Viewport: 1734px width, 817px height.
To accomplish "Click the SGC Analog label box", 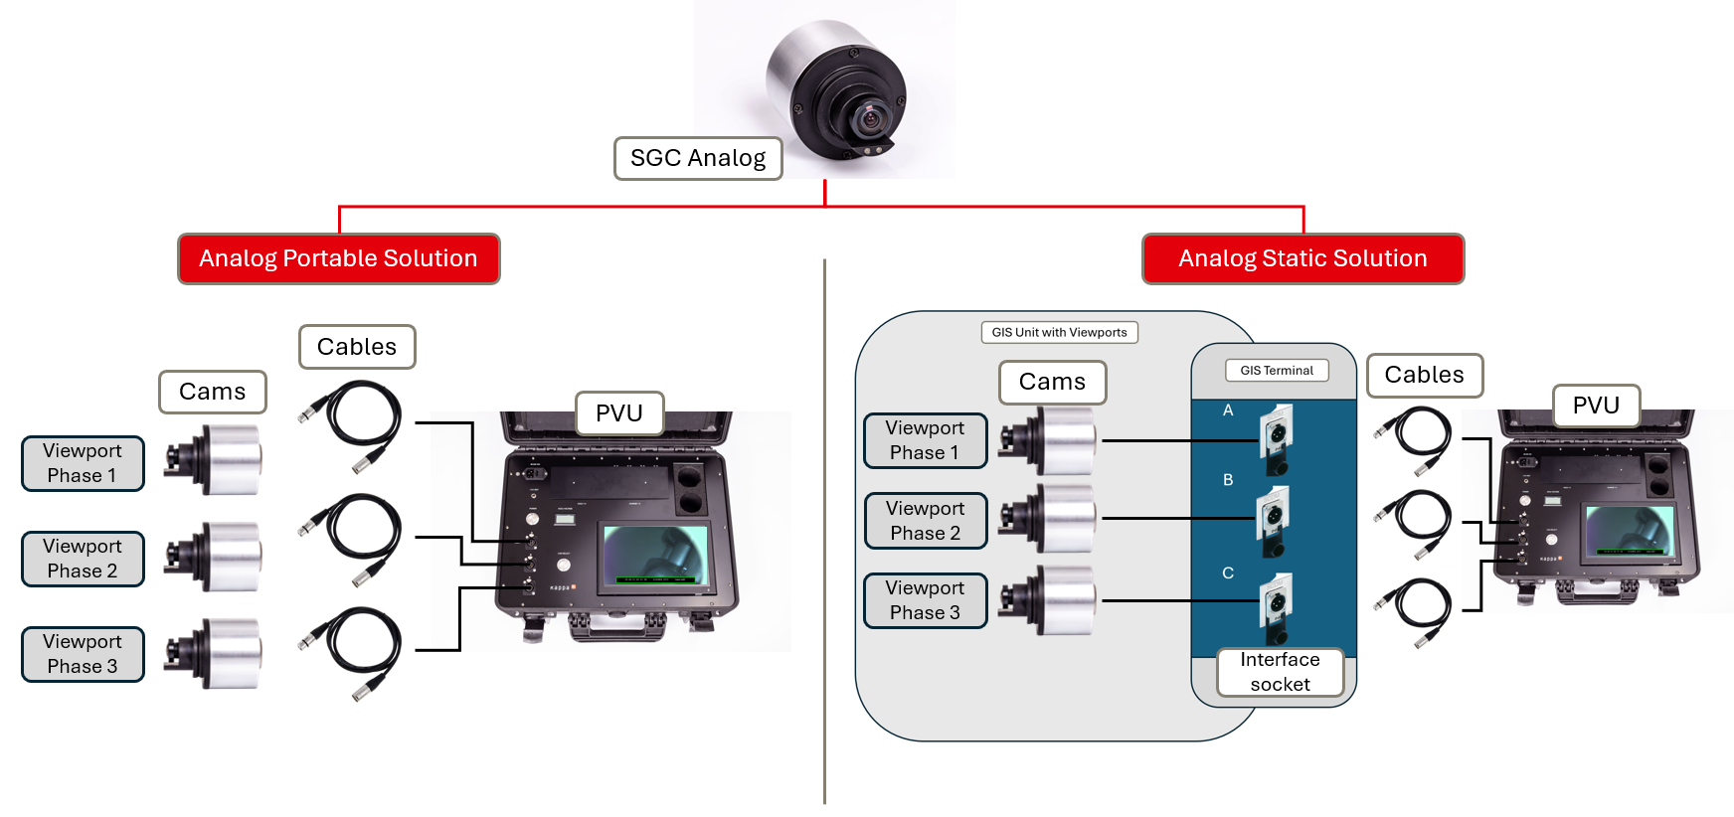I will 698,158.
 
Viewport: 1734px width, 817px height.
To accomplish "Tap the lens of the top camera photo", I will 871,119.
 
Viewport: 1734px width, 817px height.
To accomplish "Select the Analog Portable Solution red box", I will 338,258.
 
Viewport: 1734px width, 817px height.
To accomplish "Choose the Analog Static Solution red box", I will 1302,258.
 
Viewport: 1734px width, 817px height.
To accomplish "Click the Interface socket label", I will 1280,672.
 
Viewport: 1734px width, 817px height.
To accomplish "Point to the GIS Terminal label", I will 1277,371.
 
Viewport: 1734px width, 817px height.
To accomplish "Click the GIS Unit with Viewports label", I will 1059,333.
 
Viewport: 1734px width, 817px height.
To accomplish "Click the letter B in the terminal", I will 1228,480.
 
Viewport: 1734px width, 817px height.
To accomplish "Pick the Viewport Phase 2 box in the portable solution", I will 83,559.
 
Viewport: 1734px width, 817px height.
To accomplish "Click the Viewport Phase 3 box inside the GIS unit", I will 925,600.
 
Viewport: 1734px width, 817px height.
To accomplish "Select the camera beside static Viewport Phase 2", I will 1049,519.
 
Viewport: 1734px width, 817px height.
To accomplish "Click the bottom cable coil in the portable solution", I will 352,650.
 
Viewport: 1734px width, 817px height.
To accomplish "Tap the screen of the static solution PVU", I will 1629,531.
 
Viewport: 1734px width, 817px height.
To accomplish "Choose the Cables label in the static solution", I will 1424,375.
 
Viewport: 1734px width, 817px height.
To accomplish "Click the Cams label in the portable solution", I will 212,392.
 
